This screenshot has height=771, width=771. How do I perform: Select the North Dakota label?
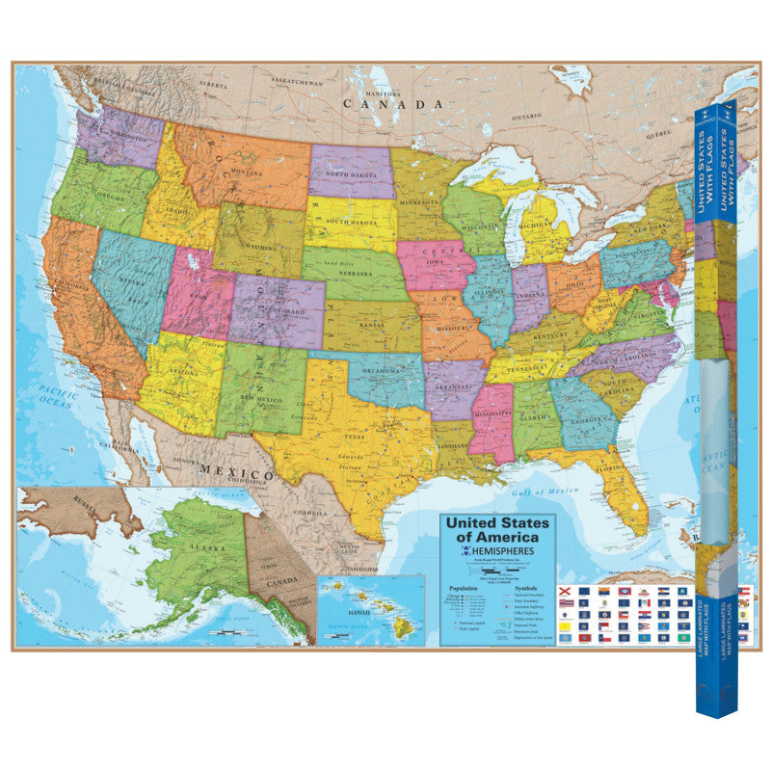(x=349, y=175)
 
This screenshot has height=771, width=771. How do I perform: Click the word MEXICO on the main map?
(x=237, y=474)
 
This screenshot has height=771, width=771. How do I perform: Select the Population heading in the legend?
(x=465, y=588)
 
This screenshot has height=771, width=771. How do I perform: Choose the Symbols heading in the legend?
(x=525, y=588)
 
